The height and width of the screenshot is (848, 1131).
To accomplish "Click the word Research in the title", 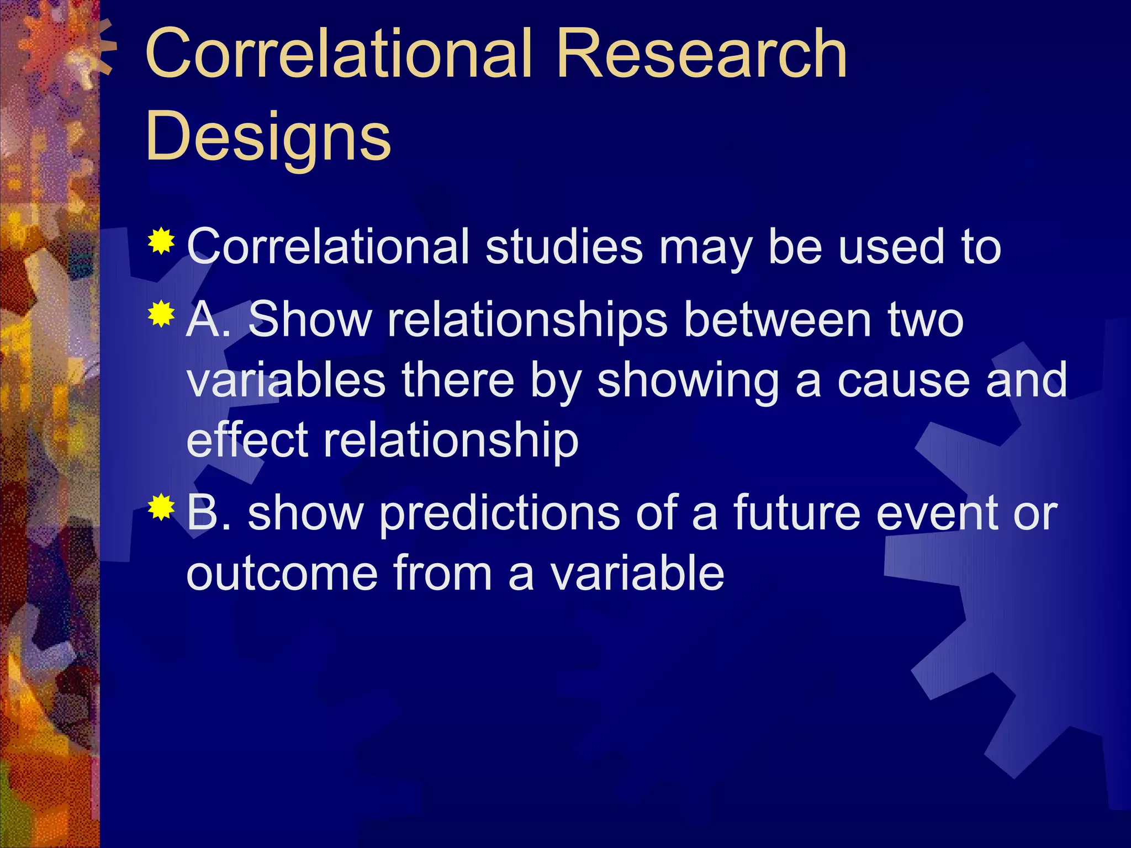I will tap(701, 54).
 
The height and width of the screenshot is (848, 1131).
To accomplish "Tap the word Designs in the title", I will tap(268, 136).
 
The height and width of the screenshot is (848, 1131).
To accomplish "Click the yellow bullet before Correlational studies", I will tap(161, 241).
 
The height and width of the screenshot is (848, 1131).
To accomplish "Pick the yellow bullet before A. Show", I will tap(161, 314).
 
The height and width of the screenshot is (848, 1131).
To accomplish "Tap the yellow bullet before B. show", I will tap(161, 508).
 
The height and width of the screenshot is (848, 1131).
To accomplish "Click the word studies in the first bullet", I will tap(564, 246).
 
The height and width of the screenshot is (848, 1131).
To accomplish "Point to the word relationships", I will tap(527, 320).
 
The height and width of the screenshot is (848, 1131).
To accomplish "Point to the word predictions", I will tap(500, 513).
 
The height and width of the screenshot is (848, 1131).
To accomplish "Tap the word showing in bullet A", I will tap(688, 381).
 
